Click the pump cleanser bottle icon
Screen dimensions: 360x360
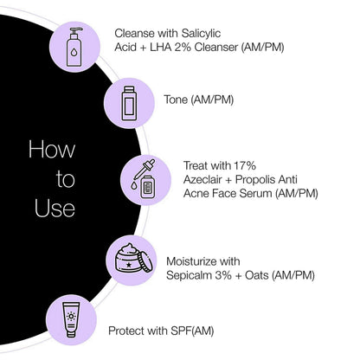click(x=74, y=47)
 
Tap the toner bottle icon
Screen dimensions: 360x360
click(x=129, y=103)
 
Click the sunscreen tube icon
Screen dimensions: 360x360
click(x=71, y=319)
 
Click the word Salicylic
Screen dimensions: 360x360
click(x=201, y=34)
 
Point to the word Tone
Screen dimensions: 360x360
click(x=176, y=100)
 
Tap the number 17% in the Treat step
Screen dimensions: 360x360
click(x=245, y=166)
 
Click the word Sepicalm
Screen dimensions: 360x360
click(x=189, y=275)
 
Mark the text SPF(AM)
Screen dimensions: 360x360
click(x=192, y=331)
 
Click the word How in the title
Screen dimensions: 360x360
click(x=52, y=149)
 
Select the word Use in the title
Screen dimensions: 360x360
click(x=55, y=208)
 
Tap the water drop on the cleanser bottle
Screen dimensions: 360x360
click(x=74, y=52)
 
